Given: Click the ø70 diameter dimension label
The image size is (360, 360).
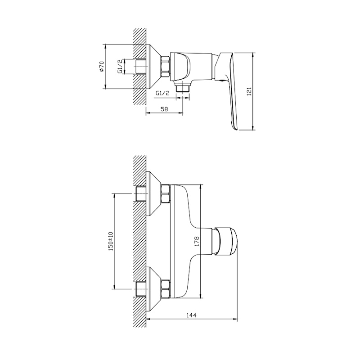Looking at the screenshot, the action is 102,66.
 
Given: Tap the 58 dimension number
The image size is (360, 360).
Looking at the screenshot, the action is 164,109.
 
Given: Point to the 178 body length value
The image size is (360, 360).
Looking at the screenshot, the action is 197,241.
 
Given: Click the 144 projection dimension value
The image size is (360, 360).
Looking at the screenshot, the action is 191,154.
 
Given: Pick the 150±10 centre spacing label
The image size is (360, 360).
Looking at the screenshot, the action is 111,241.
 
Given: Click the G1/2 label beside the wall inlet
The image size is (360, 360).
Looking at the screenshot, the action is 120,67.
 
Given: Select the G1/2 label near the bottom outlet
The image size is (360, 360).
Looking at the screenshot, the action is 162,93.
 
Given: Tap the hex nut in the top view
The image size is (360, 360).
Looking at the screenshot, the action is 165,67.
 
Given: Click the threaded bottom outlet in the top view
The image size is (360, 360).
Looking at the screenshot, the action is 183,88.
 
